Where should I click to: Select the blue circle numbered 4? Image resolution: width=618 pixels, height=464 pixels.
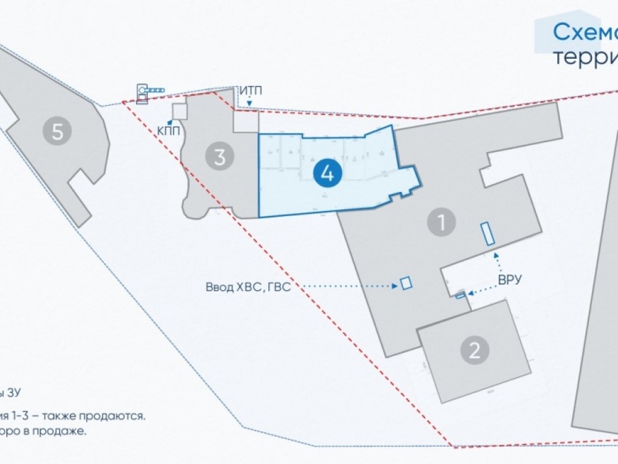coord(328,174)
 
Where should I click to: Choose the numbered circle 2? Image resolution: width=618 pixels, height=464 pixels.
coord(475,351)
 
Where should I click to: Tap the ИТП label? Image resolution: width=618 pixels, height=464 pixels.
coord(251,91)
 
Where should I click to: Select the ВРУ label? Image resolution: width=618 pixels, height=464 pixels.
coord(510,280)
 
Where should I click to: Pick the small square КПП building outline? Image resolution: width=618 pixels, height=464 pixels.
coord(179,111)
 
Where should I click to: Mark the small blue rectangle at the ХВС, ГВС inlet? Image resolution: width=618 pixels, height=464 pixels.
coord(406,283)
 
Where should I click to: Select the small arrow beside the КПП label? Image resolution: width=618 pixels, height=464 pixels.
coord(170,122)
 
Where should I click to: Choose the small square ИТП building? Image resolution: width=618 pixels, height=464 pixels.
coord(245,122)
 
